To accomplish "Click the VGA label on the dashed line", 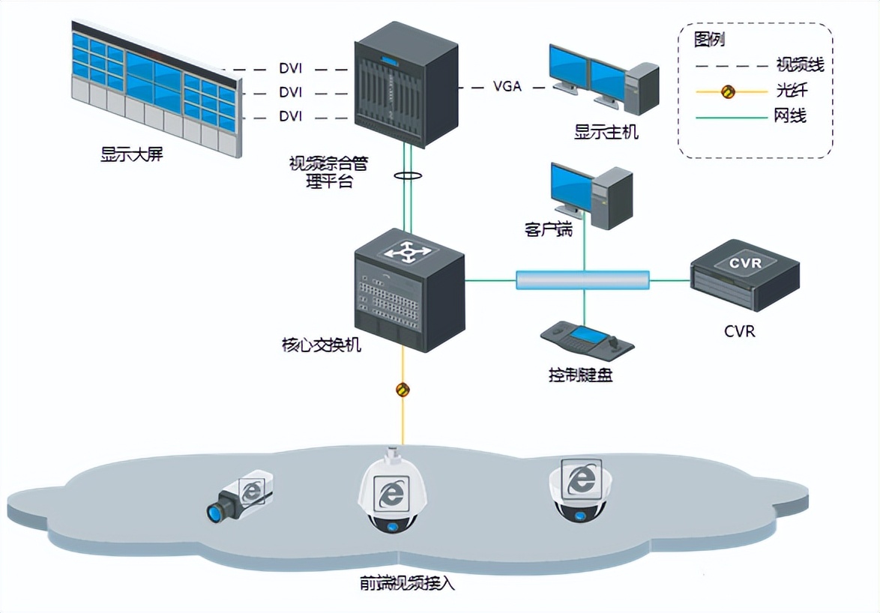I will (507, 86).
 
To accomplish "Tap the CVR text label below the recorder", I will (739, 330).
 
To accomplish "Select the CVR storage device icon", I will (744, 275).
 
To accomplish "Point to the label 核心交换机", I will (322, 345).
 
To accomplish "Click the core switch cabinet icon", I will (409, 289).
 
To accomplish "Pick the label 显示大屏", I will (131, 156).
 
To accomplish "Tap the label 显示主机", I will (606, 133).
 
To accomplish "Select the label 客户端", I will (549, 229).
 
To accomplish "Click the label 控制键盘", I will (581, 375).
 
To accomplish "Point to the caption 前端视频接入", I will (408, 582).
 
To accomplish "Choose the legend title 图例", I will (710, 40).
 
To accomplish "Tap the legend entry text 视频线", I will (800, 65).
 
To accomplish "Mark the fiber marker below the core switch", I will (403, 389).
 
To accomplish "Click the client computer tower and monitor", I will (591, 194).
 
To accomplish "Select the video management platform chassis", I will (406, 84).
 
